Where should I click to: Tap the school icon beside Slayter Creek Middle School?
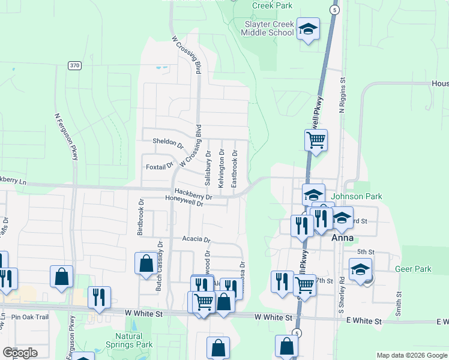pyautogui.click(x=308, y=29)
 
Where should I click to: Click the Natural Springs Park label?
pyautogui.click(x=133, y=341)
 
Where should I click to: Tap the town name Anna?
pyautogui.click(x=342, y=238)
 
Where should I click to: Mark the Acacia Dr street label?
pyautogui.click(x=196, y=239)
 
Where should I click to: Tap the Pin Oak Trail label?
pyautogui.click(x=25, y=316)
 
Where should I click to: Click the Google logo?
pyautogui.click(x=20, y=353)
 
